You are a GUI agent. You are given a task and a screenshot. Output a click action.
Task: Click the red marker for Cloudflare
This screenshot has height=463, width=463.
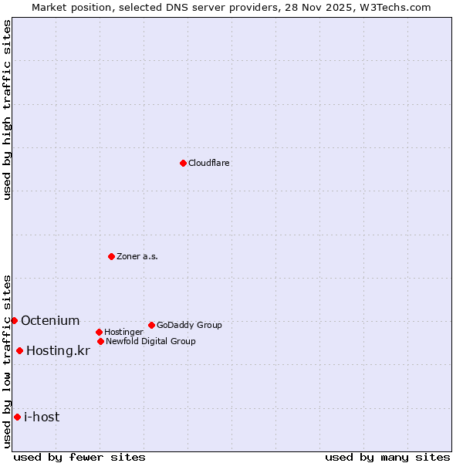[x=183, y=163]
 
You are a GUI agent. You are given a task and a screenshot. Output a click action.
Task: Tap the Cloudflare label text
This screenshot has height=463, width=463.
[x=209, y=164]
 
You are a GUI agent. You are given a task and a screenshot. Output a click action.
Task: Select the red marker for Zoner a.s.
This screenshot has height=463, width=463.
[x=111, y=256]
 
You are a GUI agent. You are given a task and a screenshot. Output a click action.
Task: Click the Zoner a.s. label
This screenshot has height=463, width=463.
[x=137, y=257]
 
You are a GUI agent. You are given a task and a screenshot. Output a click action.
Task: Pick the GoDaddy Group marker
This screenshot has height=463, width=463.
[x=151, y=325]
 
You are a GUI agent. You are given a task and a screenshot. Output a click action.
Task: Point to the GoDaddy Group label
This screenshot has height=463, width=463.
[x=189, y=326]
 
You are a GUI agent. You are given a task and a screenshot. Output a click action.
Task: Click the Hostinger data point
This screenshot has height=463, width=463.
[x=99, y=332]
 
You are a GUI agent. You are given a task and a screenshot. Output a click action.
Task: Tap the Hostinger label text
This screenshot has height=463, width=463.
[x=123, y=333]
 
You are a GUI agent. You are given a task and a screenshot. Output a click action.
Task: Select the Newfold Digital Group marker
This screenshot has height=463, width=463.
[x=100, y=341]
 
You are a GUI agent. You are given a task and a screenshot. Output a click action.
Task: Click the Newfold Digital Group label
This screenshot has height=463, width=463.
[x=150, y=342]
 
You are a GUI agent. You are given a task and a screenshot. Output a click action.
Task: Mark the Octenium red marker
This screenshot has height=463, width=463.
[x=14, y=320]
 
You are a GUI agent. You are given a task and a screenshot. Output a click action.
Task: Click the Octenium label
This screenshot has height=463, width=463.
[x=50, y=321]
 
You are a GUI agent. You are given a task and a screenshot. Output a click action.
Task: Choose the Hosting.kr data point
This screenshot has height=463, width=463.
[x=19, y=350]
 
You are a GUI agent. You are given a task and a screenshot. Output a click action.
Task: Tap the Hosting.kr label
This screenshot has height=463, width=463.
[x=58, y=351]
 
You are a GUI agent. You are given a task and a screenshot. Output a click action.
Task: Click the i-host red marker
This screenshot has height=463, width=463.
[x=17, y=417]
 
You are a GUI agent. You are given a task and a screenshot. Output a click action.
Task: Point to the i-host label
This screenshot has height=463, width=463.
[x=42, y=417]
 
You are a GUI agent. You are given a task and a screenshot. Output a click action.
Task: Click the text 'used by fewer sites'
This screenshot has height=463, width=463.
[x=79, y=457]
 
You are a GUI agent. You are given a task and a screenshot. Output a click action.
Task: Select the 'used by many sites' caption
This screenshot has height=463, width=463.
[x=387, y=457]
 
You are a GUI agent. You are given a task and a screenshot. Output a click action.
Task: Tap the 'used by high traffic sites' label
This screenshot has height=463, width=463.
[x=7, y=110]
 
